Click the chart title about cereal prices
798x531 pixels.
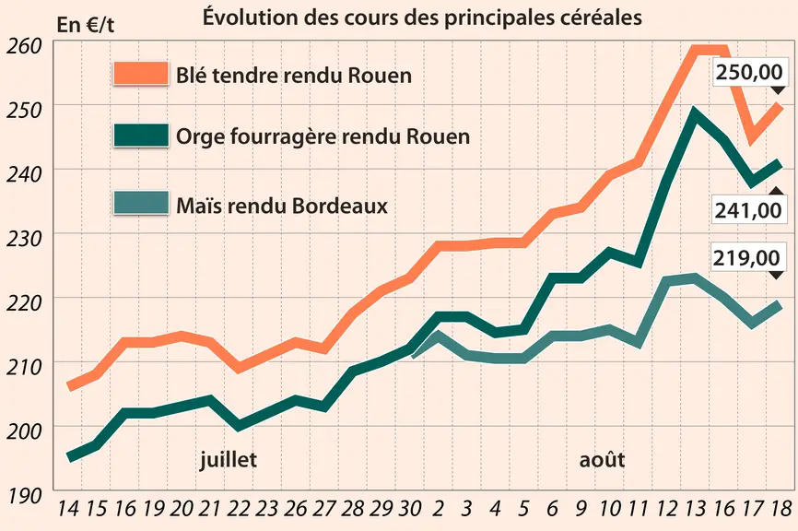point(422,18)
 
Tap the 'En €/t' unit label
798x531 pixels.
point(85,25)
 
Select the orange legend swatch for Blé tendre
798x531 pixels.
point(141,74)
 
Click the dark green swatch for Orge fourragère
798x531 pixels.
point(141,136)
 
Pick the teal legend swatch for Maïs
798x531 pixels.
point(141,203)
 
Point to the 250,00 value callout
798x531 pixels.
point(749,72)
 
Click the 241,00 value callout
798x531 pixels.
point(748,210)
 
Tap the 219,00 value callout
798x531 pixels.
point(746,257)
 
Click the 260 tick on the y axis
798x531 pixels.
point(23,46)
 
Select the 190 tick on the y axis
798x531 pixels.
point(23,495)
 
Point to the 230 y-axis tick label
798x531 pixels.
point(23,238)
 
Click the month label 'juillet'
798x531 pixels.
point(228,460)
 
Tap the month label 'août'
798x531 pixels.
point(602,460)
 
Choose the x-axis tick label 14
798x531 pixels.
point(69,508)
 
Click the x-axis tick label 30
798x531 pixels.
point(410,508)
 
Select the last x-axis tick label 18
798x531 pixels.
point(781,508)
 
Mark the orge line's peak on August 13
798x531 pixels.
point(695,113)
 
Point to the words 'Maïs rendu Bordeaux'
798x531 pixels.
point(282,206)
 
